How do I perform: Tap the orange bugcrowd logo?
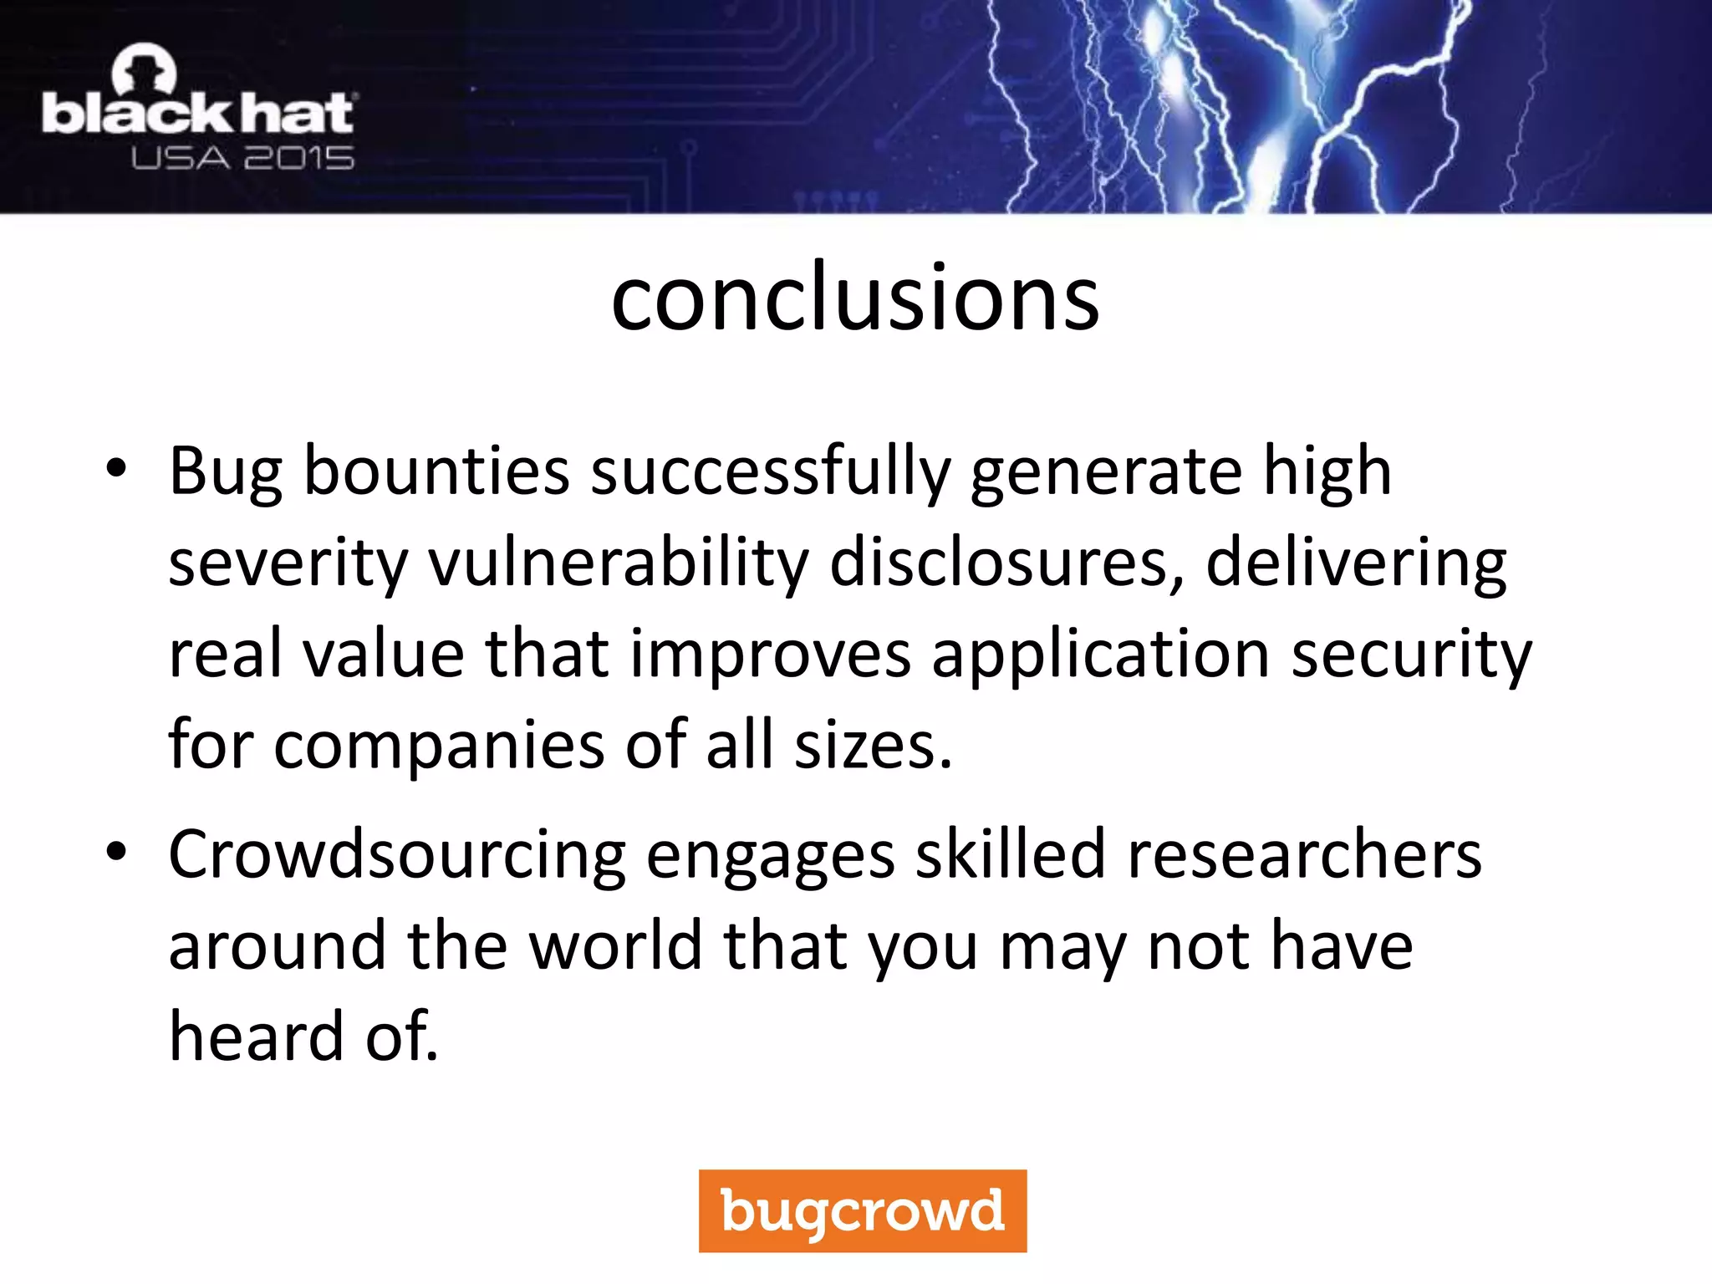click(x=862, y=1210)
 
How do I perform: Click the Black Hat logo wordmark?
click(x=198, y=115)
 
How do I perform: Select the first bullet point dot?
click(x=116, y=469)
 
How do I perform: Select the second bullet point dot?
click(x=116, y=852)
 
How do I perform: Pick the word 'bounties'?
click(x=436, y=471)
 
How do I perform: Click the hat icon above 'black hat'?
click(x=145, y=69)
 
